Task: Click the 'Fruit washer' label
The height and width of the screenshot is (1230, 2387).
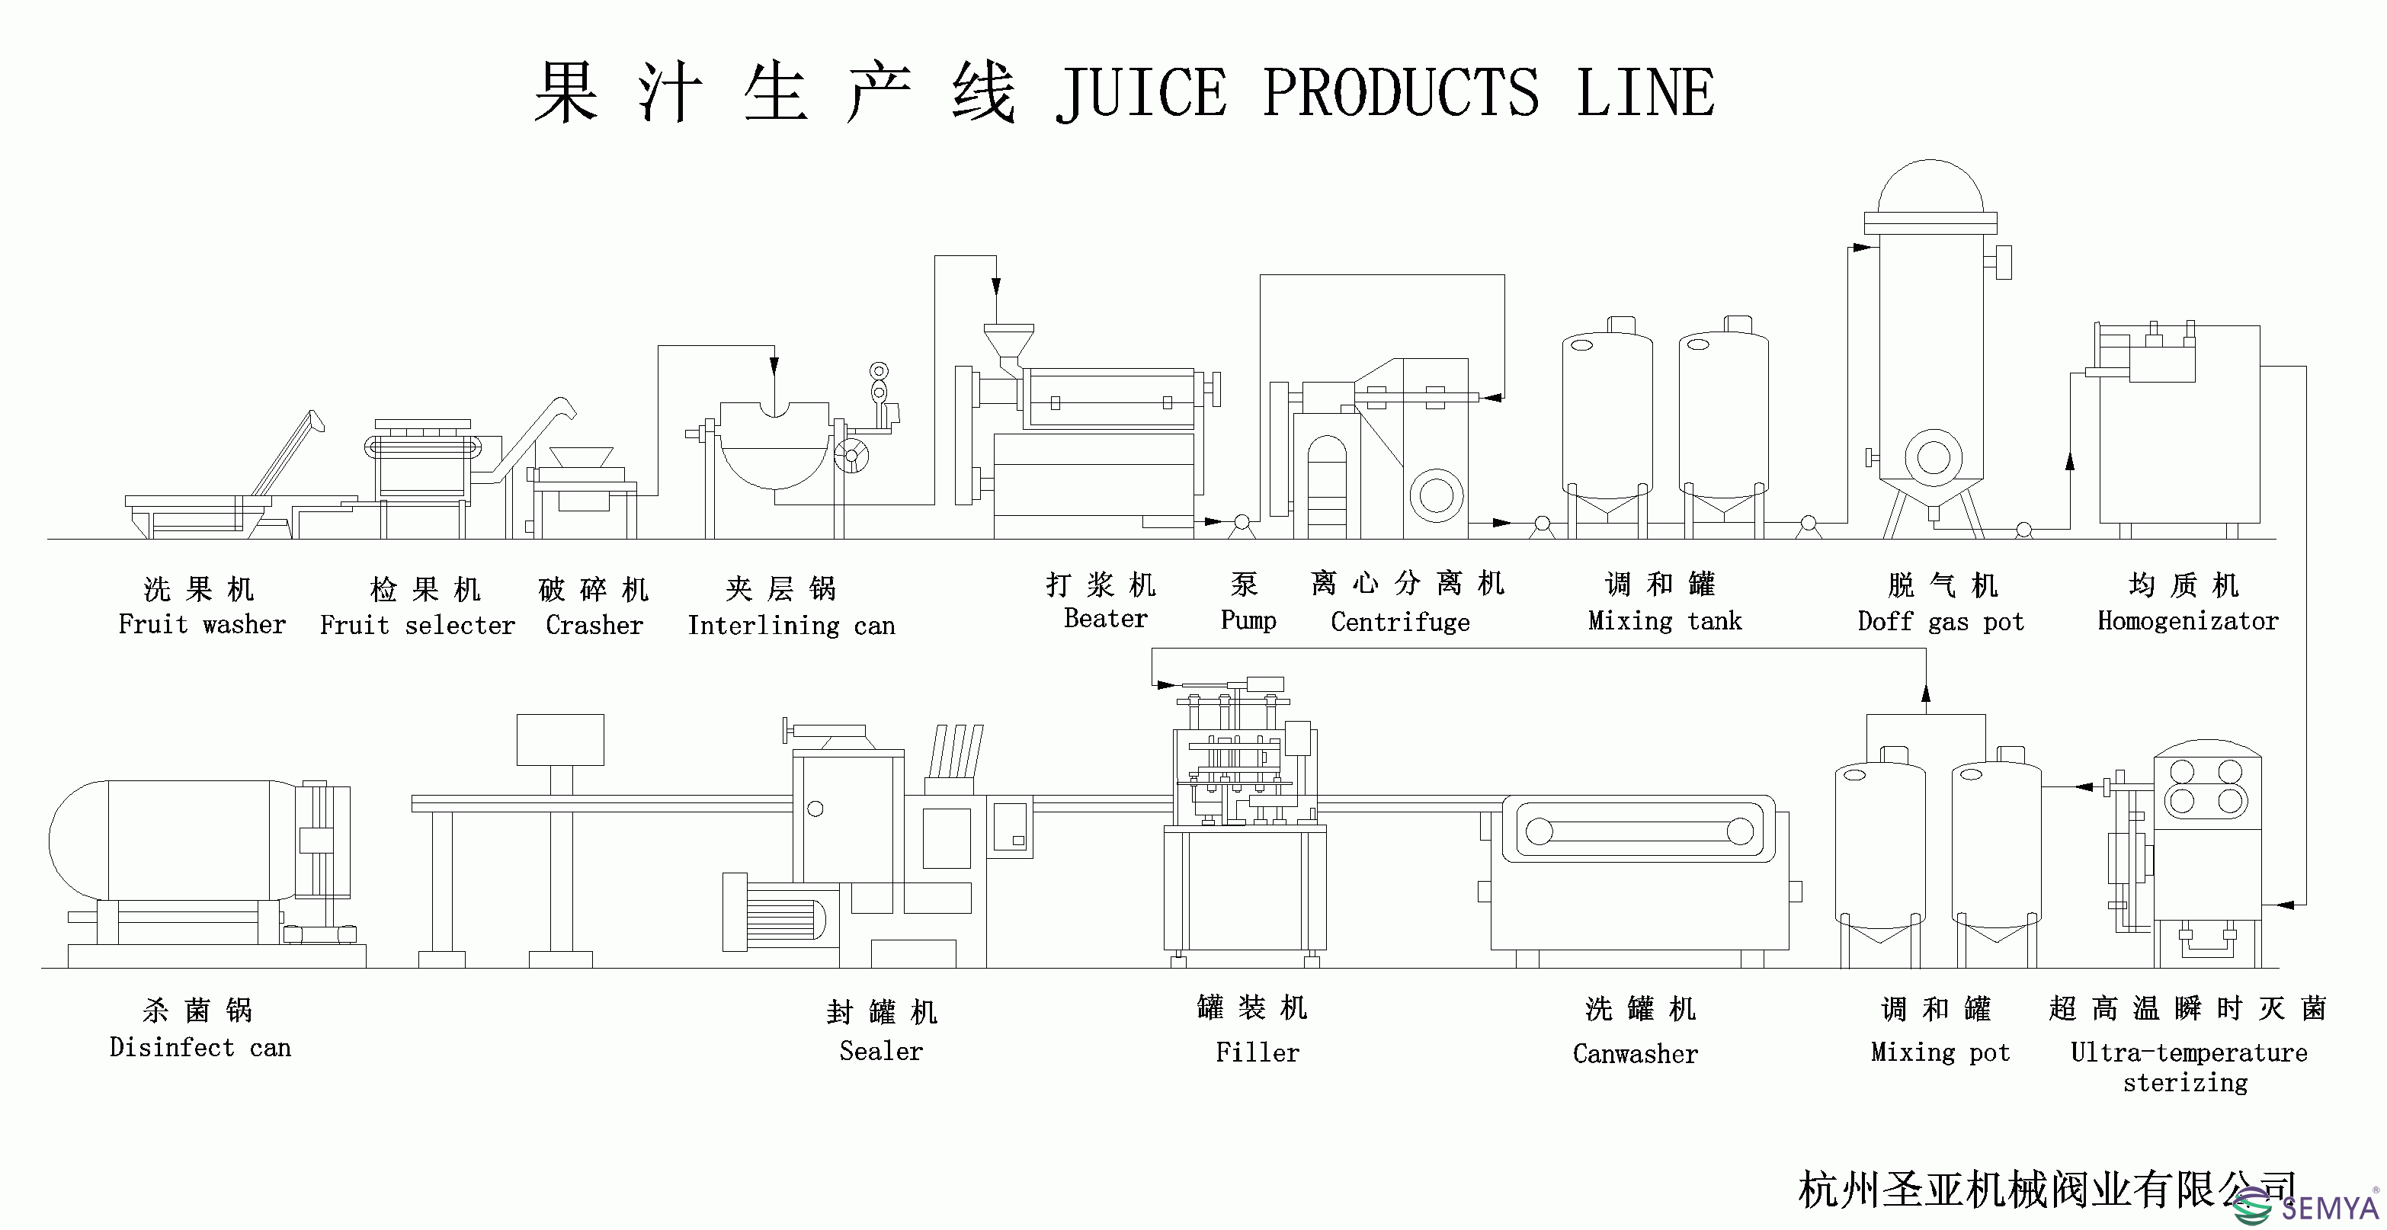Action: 202,625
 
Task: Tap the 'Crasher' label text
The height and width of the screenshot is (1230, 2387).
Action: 594,626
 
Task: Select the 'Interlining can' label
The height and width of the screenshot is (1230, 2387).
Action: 791,626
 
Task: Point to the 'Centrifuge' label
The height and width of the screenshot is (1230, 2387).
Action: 1400,622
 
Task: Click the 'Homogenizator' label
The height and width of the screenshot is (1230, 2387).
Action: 2188,621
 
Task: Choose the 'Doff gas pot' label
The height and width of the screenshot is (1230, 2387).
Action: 1940,622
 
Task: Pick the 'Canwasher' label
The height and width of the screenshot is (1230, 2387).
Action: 1635,1054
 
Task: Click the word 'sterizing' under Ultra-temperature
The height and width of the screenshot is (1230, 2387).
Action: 2185,1083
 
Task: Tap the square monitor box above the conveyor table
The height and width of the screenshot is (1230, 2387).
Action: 559,738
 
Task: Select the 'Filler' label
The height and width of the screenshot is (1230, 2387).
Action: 1257,1053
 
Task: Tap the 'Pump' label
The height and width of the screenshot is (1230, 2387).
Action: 1248,620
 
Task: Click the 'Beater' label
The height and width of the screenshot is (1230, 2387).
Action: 1105,618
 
